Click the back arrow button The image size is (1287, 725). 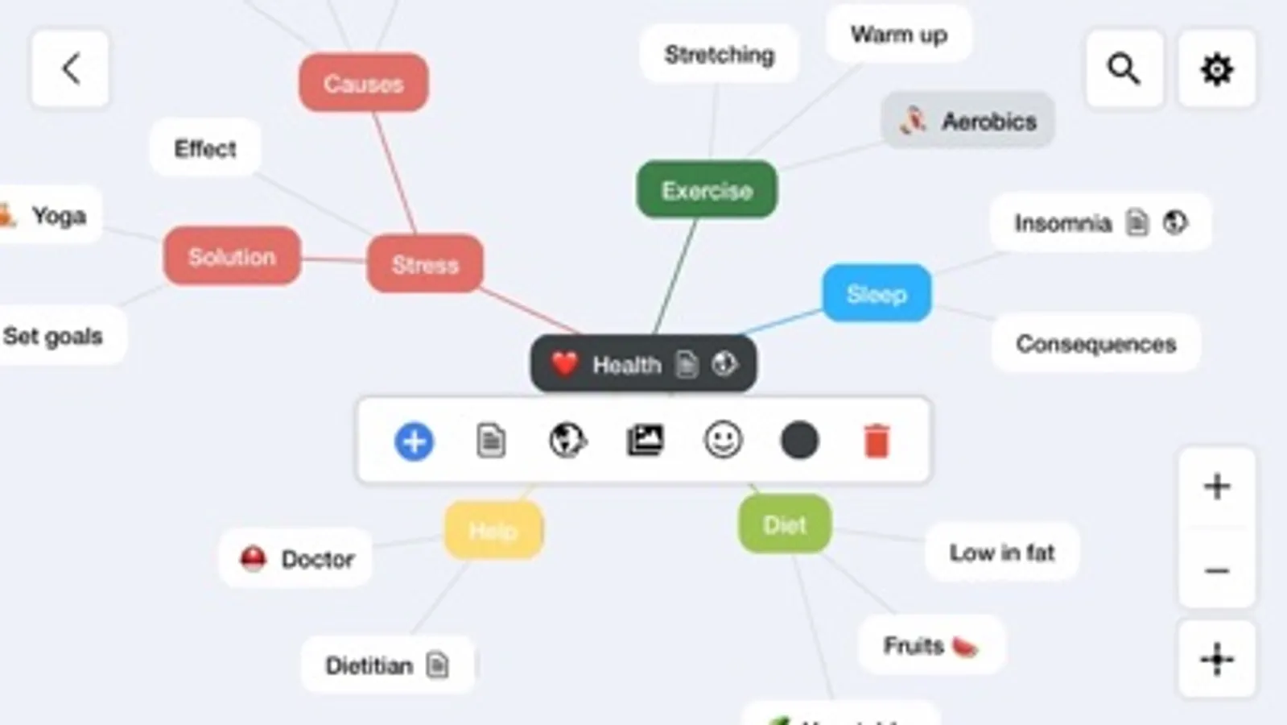point(70,69)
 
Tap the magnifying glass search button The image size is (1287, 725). point(1124,69)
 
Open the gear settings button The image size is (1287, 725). point(1216,69)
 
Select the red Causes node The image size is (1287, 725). point(363,83)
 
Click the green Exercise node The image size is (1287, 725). point(707,190)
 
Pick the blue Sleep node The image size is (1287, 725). point(877,294)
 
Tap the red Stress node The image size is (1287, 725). point(425,264)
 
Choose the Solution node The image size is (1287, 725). point(232,256)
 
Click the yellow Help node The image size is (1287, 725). point(493,530)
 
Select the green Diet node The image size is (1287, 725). point(784,525)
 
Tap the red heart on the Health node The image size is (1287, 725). point(564,364)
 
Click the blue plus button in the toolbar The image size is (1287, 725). point(414,441)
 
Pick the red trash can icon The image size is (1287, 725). point(877,441)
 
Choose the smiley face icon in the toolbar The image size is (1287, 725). point(723,441)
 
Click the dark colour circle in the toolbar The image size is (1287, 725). point(799,441)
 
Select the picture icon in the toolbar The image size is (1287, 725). point(646,441)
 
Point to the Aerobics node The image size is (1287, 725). point(967,121)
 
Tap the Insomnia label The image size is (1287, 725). point(1062,223)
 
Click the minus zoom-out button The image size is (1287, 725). point(1216,571)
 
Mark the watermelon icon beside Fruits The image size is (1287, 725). point(964,646)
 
